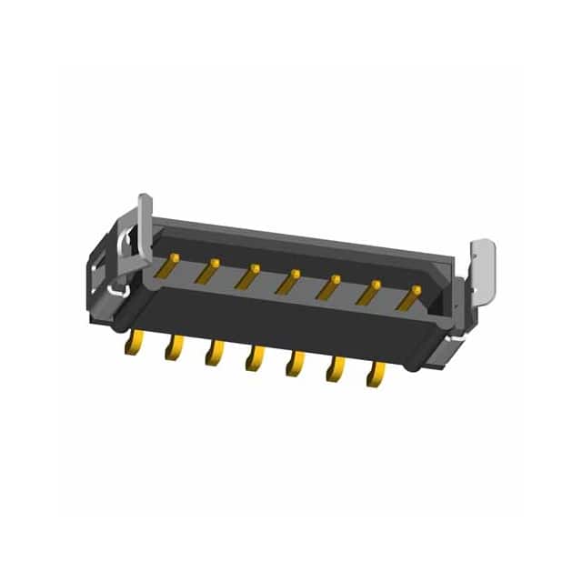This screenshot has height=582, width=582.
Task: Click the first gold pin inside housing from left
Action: click(167, 266)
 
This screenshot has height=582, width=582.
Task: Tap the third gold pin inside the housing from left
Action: click(249, 276)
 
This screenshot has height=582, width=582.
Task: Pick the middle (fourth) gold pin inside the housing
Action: click(289, 280)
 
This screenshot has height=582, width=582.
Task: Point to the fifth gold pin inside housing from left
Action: click(329, 286)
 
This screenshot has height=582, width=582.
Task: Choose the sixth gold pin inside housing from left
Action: click(369, 291)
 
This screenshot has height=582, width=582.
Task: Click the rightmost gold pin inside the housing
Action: click(410, 296)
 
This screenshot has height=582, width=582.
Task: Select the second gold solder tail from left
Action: click(174, 346)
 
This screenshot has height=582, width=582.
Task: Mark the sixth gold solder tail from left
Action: click(335, 368)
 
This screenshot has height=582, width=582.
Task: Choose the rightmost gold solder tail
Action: click(375, 373)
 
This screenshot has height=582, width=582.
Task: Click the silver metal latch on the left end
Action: click(143, 227)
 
